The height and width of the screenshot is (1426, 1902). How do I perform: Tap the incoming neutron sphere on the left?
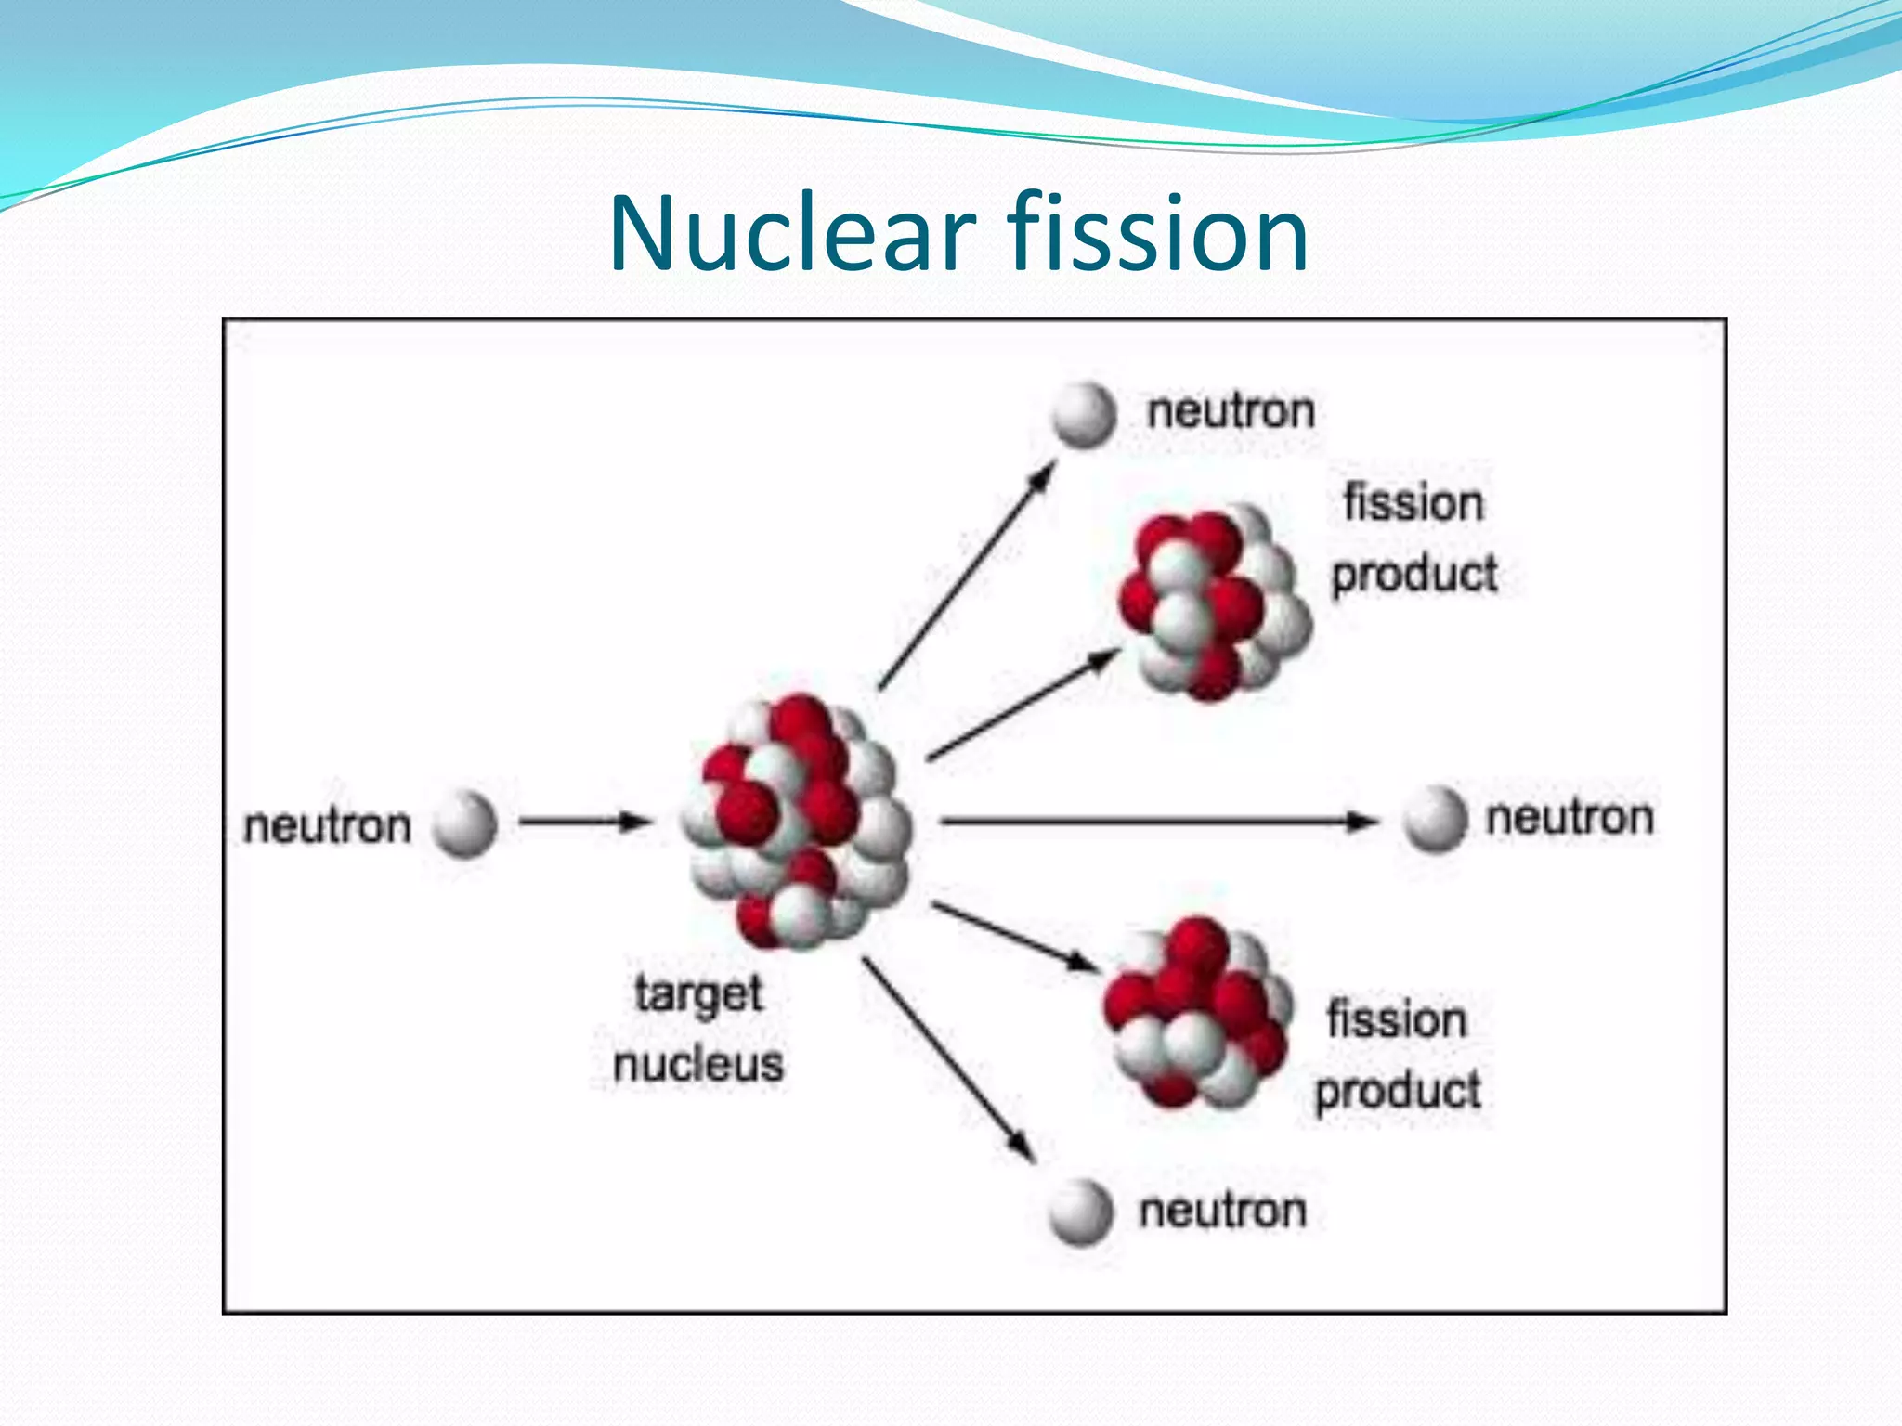465,823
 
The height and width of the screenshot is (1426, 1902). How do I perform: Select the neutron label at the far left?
327,825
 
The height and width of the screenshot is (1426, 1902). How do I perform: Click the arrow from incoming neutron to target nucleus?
583,822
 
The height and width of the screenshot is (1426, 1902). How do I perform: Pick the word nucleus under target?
698,1064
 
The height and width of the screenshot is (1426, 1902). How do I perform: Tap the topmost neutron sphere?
1084,415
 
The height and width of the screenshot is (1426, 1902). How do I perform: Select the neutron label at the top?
1231,411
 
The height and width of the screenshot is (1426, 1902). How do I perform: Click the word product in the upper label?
1414,574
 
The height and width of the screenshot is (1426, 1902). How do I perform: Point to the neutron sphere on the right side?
1435,819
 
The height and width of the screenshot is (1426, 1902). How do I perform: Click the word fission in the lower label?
1397,1019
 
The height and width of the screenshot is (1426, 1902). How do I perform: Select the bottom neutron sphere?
1080,1212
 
